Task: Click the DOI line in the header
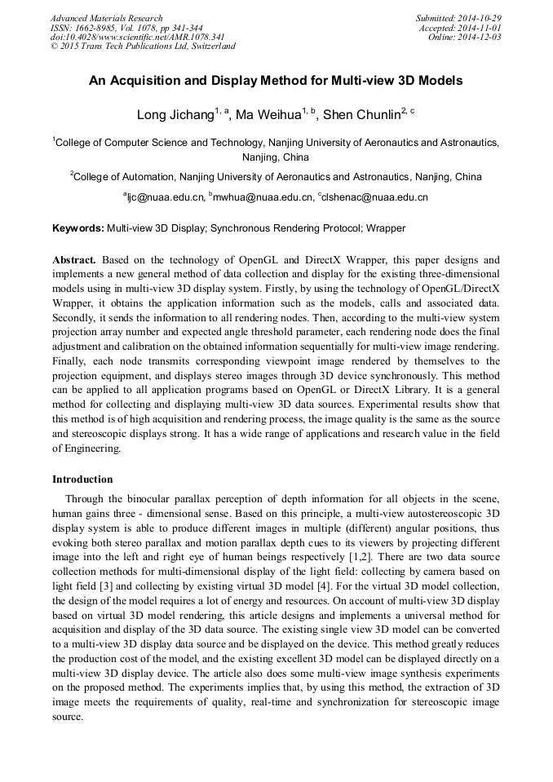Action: [x=138, y=37]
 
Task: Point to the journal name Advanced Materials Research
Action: [x=107, y=18]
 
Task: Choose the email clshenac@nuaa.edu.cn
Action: [x=376, y=197]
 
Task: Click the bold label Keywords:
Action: [x=77, y=228]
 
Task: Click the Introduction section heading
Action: [x=82, y=479]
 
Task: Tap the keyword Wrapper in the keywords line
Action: [x=386, y=228]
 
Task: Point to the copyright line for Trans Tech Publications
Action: [x=144, y=46]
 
